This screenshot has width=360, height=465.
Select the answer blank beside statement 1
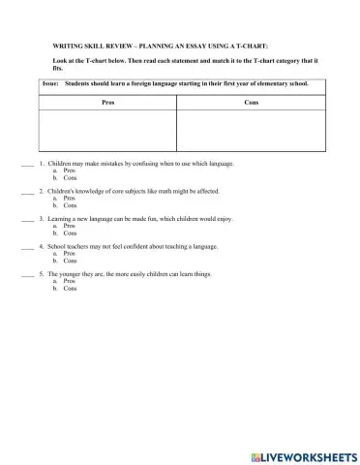pos(27,165)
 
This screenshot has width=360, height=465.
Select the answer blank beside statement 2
pos(27,192)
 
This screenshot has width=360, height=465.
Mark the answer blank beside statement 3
pos(27,219)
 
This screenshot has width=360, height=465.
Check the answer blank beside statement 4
pos(27,247)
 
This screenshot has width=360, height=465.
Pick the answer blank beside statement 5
pos(27,274)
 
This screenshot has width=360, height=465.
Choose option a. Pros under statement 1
pos(68,171)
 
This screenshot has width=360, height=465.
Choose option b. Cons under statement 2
pos(68,205)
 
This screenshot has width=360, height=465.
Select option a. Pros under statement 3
pos(68,226)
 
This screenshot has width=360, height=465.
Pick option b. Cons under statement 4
pos(68,261)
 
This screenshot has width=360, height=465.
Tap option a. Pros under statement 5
pos(68,281)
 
